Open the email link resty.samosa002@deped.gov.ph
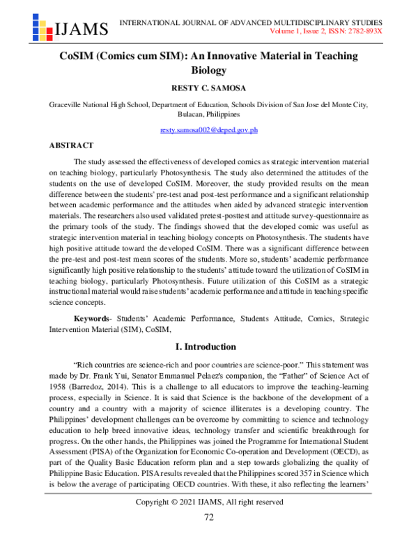click(209, 130)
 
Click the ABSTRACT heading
click(71, 145)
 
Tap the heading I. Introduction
click(209, 347)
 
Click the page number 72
click(209, 517)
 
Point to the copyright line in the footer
click(209, 502)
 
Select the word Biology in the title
click(209, 70)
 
